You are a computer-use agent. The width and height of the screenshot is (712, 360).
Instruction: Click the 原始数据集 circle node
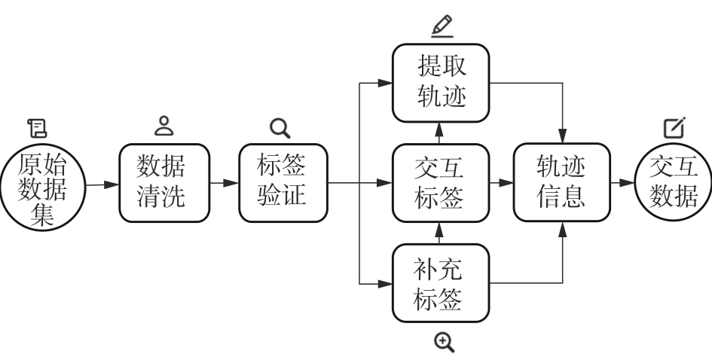43,183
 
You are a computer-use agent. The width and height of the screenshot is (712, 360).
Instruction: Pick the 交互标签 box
441,183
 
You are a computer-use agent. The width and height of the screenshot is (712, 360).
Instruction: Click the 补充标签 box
441,284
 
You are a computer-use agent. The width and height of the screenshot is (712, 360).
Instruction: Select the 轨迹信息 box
561,183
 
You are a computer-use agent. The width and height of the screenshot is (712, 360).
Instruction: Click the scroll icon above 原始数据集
36,127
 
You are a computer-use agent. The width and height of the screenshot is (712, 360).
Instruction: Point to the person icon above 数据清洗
163,126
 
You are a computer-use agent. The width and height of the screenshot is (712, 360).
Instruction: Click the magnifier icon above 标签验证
280,127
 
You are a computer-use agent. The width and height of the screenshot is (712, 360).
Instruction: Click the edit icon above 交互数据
674,127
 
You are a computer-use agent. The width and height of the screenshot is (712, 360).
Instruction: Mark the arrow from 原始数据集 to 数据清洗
102,183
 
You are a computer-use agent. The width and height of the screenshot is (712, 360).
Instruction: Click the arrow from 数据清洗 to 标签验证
224,183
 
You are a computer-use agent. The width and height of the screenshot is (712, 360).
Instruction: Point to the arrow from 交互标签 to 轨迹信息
501,183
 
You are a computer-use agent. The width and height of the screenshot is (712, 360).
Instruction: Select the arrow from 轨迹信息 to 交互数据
621,183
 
